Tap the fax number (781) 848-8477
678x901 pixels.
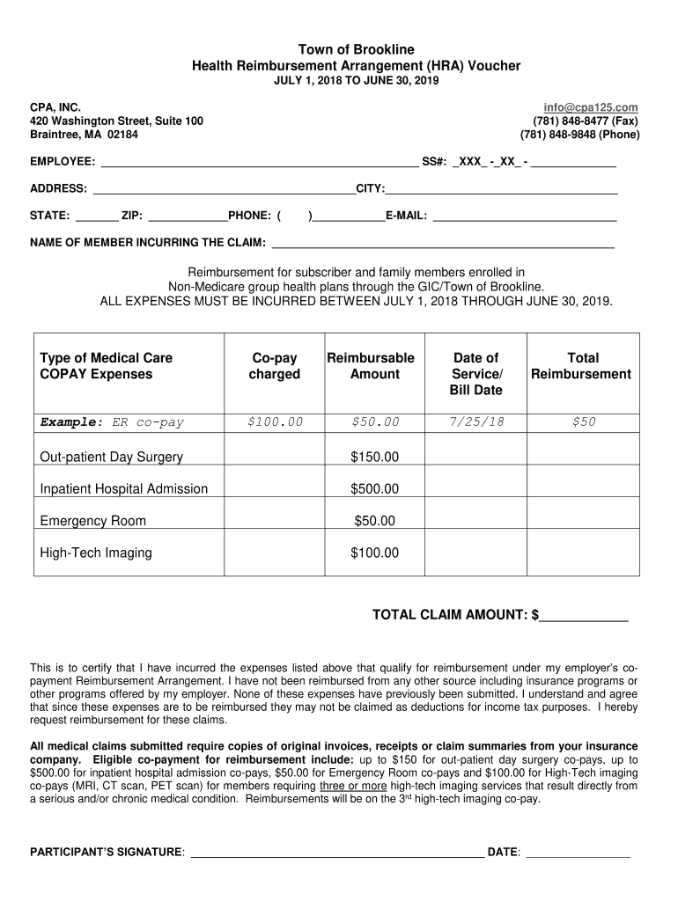point(586,121)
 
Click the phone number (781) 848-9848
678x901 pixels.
point(579,135)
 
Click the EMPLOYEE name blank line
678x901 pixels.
point(260,162)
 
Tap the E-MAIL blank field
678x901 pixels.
point(525,215)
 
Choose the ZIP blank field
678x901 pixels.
point(188,215)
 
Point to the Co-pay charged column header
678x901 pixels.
point(275,366)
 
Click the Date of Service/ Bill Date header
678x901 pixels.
point(475,373)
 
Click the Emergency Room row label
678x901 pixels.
point(93,521)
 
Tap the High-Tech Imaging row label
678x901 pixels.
point(96,553)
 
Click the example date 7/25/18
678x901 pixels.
point(476,422)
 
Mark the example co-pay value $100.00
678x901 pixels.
point(275,422)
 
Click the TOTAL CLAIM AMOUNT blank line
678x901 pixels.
point(584,615)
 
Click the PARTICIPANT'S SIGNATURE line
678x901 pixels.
point(336,852)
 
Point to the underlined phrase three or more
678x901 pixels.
point(352,787)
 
